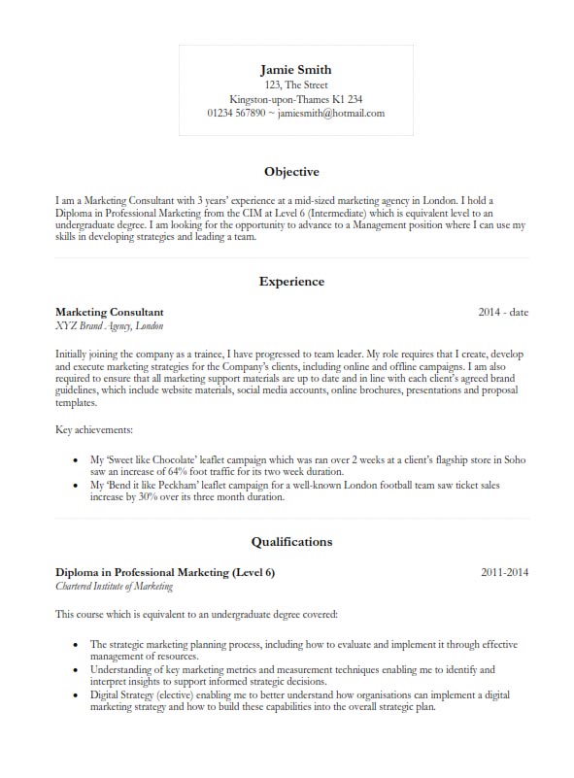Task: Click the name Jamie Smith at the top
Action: coord(295,69)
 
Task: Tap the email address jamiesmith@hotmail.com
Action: coord(331,113)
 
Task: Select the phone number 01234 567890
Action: coord(236,113)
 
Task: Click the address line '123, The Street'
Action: coord(295,85)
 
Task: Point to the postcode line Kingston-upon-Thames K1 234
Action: coord(295,99)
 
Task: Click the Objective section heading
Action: coord(291,172)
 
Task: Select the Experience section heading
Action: coord(291,282)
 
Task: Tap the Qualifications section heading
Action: coord(291,541)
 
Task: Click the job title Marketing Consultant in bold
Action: coord(110,312)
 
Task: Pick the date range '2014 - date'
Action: coord(503,313)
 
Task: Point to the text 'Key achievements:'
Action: coord(94,428)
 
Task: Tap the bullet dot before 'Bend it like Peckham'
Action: coord(76,484)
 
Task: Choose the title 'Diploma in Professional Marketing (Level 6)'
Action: coord(165,572)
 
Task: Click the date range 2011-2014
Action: coord(504,572)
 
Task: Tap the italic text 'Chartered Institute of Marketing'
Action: coord(115,587)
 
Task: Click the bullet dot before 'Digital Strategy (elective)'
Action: coord(76,695)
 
